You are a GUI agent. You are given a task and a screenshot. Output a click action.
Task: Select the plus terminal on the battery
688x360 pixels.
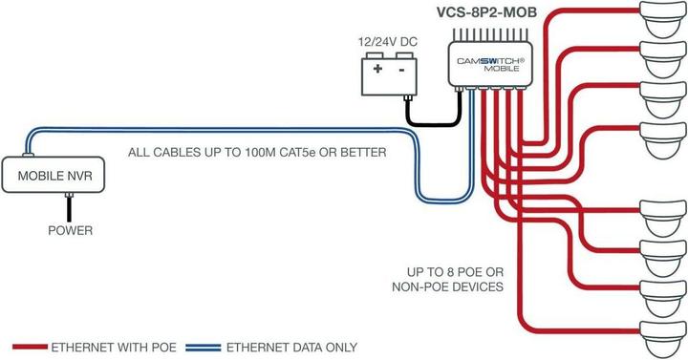click(x=378, y=70)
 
